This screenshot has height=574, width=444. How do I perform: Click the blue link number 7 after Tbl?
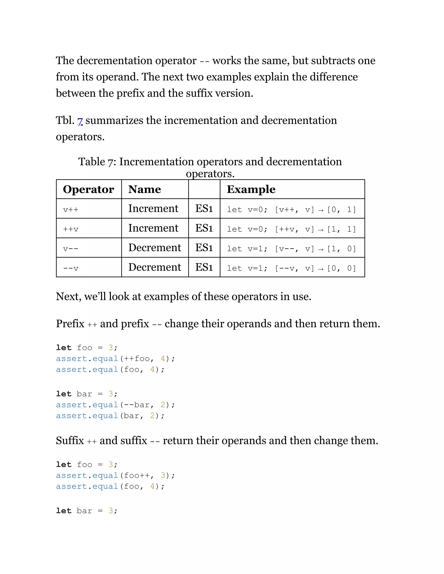coord(80,121)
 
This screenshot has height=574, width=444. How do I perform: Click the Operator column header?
coord(88,189)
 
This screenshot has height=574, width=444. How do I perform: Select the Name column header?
coord(144,189)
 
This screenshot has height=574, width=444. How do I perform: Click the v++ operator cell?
coord(71,210)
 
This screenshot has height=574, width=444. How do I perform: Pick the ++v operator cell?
coord(71,229)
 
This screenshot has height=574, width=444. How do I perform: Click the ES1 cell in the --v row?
coord(204,267)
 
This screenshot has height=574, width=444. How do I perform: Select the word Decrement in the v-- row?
coord(155,248)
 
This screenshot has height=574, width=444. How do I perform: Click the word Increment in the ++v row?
coord(153,228)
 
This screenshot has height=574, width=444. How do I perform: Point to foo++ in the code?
coord(137,475)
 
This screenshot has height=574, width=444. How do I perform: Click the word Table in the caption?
coord(91,162)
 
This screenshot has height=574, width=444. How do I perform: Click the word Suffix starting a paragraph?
coord(70,441)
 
